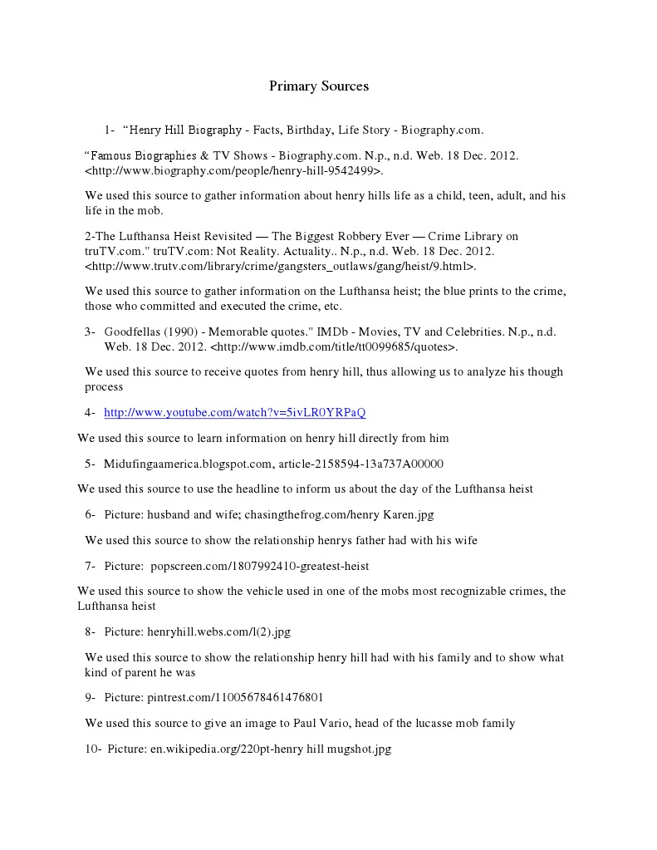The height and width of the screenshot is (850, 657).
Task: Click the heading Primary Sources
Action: (318, 86)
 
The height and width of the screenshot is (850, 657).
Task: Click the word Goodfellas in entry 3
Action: (131, 332)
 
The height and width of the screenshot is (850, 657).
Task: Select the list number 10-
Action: (93, 749)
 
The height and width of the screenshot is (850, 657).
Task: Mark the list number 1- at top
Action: (110, 130)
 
